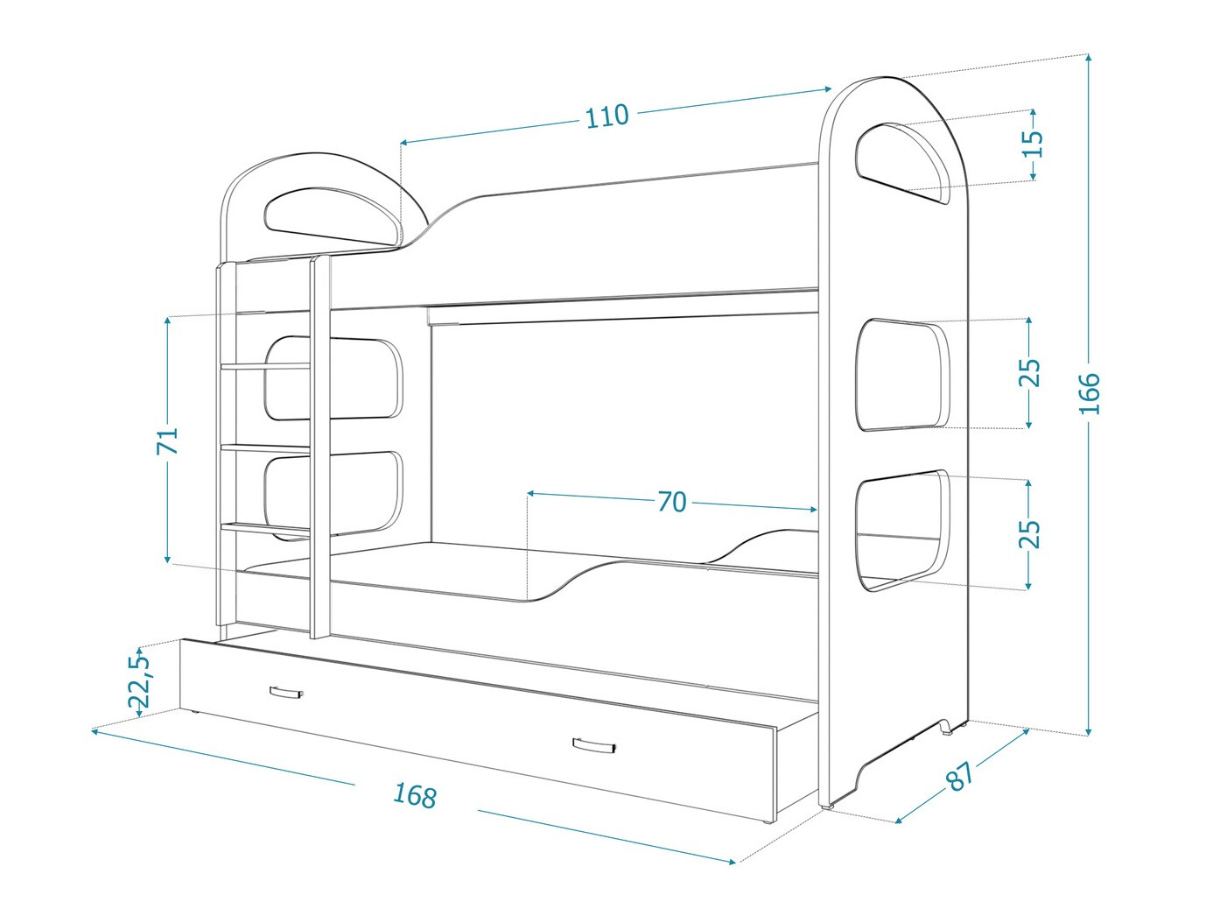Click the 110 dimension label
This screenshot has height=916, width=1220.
pos(606,116)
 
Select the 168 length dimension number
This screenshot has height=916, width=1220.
pos(415,795)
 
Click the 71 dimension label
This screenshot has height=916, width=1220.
pos(167,440)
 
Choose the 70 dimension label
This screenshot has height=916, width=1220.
pos(672,502)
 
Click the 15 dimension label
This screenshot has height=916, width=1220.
pos(1032,144)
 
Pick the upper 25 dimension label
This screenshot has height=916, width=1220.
pos(1029,373)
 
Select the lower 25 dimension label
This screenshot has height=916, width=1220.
pos(1029,533)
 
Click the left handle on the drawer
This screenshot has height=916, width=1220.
pos(286,693)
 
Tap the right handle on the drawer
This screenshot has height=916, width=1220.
pos(595,744)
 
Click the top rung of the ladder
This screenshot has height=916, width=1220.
pos(266,366)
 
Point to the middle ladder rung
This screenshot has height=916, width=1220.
pos(266,446)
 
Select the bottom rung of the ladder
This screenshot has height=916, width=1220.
pos(266,526)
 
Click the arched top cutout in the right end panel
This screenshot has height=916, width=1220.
pos(902,163)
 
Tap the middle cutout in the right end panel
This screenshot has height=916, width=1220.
pos(902,374)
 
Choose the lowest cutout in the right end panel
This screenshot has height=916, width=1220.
pos(902,531)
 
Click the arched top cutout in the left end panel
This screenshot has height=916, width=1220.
pos(333,215)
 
